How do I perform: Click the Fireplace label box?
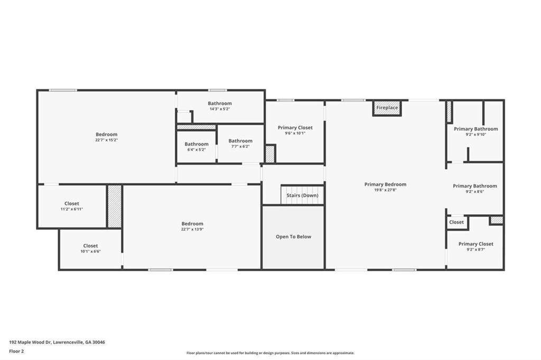(387, 108)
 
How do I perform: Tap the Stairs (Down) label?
(302, 195)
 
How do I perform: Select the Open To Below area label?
(293, 236)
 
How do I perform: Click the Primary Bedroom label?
(385, 184)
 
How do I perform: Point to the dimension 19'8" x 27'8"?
(385, 190)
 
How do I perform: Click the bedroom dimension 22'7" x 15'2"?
(106, 140)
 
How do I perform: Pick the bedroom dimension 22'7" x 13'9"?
(192, 230)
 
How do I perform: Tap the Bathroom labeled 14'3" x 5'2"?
(219, 103)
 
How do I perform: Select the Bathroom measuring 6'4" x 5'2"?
(196, 144)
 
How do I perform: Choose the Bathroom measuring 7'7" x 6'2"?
(240, 141)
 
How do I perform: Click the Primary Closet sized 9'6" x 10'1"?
(295, 128)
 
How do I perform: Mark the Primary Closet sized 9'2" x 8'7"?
(475, 244)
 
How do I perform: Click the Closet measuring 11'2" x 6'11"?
(72, 204)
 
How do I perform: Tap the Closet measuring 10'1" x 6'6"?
(90, 246)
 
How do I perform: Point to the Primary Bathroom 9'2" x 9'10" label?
(475, 129)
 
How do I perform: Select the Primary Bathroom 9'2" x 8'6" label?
(474, 186)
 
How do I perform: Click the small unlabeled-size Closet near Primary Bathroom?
(456, 222)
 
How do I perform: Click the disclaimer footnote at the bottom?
(270, 353)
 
